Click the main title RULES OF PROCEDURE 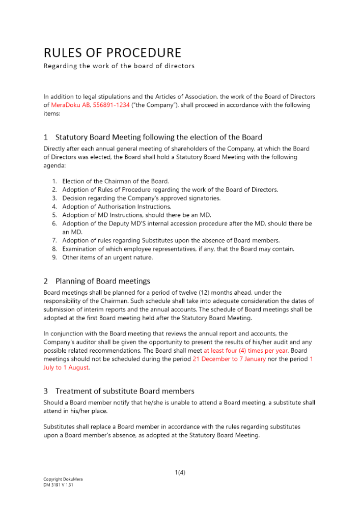coord(112,53)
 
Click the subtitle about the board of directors coord(119,66)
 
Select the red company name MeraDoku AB coord(70,105)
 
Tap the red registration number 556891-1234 coord(111,105)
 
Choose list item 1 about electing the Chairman coord(115,181)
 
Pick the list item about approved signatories coord(141,198)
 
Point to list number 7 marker coord(54,240)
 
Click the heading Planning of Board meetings coord(102,281)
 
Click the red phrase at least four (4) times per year coord(245,351)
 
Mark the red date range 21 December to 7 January coord(229,359)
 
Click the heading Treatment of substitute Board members coord(125,391)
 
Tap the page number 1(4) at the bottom coord(180,472)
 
